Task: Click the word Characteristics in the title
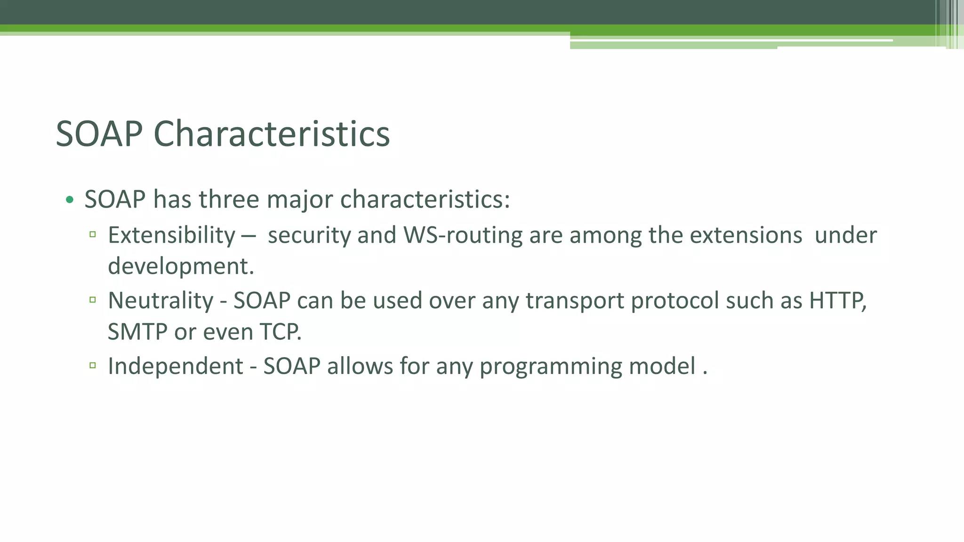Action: coord(272,134)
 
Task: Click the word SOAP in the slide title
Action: coord(99,134)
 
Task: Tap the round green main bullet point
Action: coord(70,200)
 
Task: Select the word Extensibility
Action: coord(171,235)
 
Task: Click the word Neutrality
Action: coord(161,301)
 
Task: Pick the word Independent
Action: coord(176,366)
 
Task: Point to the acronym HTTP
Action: coord(836,301)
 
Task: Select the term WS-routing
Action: coord(463,235)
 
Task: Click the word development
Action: coord(181,266)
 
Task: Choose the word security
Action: coord(309,235)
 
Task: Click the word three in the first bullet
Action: coord(229,199)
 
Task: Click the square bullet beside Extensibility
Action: coord(93,234)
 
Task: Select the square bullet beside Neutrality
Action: coord(93,299)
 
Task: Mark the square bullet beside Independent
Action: coord(93,365)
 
